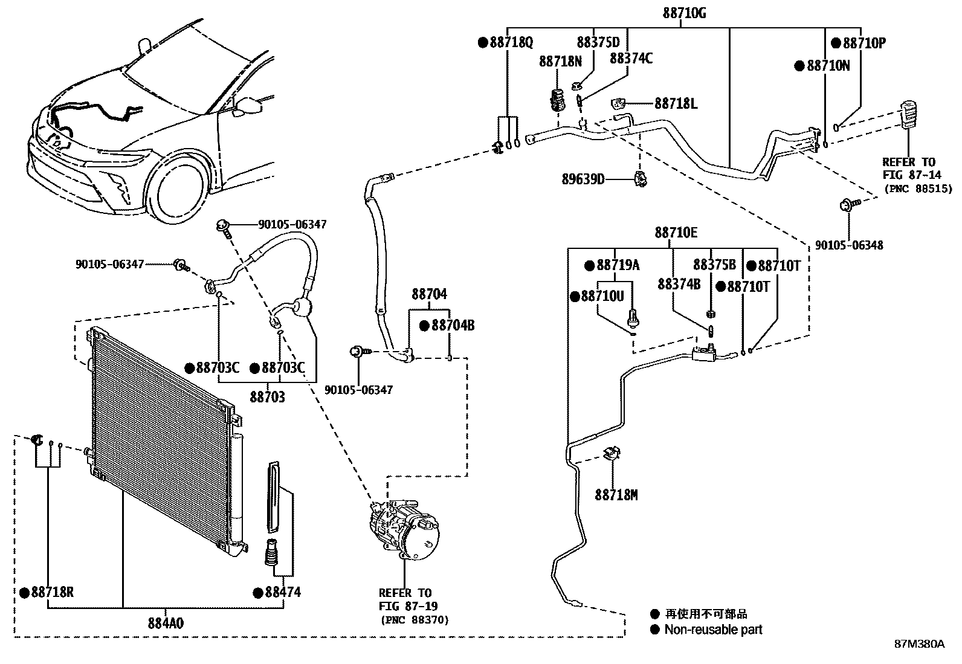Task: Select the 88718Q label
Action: [x=510, y=42]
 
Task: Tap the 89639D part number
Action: [x=583, y=179]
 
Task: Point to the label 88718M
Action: [x=616, y=495]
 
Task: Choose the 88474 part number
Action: [x=282, y=592]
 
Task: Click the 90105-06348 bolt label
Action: [x=848, y=245]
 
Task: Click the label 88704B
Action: [x=453, y=326]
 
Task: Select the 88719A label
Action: [x=618, y=265]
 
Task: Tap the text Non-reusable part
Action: [x=713, y=630]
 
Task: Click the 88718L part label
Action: [x=675, y=104]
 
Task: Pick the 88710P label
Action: [x=863, y=44]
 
